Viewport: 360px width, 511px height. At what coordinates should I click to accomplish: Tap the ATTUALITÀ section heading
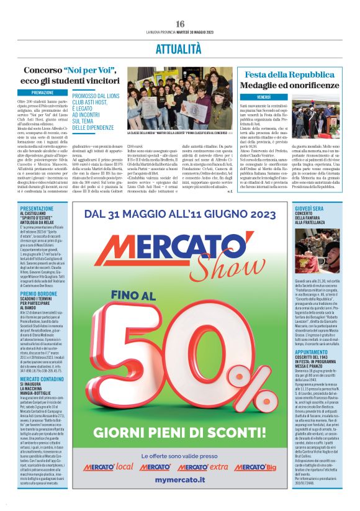click(x=180, y=47)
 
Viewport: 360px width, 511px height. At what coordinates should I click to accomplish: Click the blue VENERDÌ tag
click(x=263, y=97)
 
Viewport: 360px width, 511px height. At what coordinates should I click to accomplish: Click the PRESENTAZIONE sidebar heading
click(x=41, y=209)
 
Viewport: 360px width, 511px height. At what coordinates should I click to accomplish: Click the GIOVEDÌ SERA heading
click(x=309, y=209)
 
